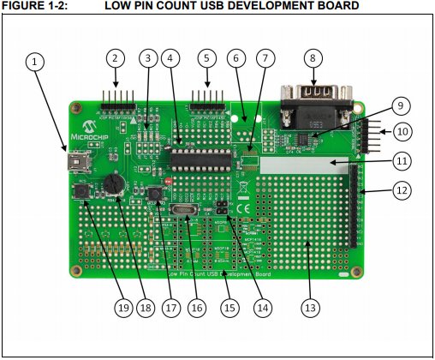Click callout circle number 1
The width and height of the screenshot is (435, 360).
click(34, 62)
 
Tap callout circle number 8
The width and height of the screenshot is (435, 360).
click(313, 59)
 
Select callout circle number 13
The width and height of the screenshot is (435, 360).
click(310, 306)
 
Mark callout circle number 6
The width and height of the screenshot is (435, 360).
click(235, 59)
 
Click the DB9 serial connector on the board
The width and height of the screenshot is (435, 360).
click(314, 103)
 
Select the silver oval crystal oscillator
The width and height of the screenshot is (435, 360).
click(183, 212)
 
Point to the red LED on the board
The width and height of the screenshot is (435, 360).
click(167, 183)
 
